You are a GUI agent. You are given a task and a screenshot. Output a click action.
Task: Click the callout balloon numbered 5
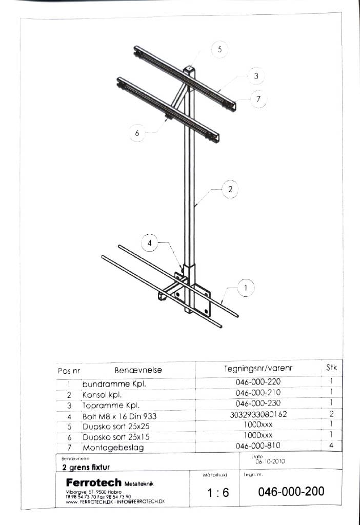(x=219, y=50)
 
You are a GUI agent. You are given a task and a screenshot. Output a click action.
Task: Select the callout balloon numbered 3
(x=256, y=77)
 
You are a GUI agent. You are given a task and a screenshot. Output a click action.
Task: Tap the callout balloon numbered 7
(x=258, y=99)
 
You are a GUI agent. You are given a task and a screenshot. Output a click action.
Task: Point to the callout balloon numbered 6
(x=137, y=133)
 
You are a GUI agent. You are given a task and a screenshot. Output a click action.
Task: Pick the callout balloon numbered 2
(x=230, y=190)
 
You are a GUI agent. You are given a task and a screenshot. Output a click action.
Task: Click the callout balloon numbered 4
(x=150, y=243)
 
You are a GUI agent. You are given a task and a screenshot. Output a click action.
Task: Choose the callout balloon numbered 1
(x=246, y=289)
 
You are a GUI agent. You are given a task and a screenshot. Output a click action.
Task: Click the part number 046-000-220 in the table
(x=258, y=381)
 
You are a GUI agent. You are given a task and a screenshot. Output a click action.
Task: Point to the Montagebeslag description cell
(x=113, y=448)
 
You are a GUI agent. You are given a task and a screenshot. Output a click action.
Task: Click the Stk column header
(x=331, y=368)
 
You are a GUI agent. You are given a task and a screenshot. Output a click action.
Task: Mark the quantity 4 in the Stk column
(x=331, y=446)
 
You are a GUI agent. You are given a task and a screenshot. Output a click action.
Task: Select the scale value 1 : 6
(x=218, y=493)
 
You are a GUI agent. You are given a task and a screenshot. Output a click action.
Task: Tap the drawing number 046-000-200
(x=291, y=491)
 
